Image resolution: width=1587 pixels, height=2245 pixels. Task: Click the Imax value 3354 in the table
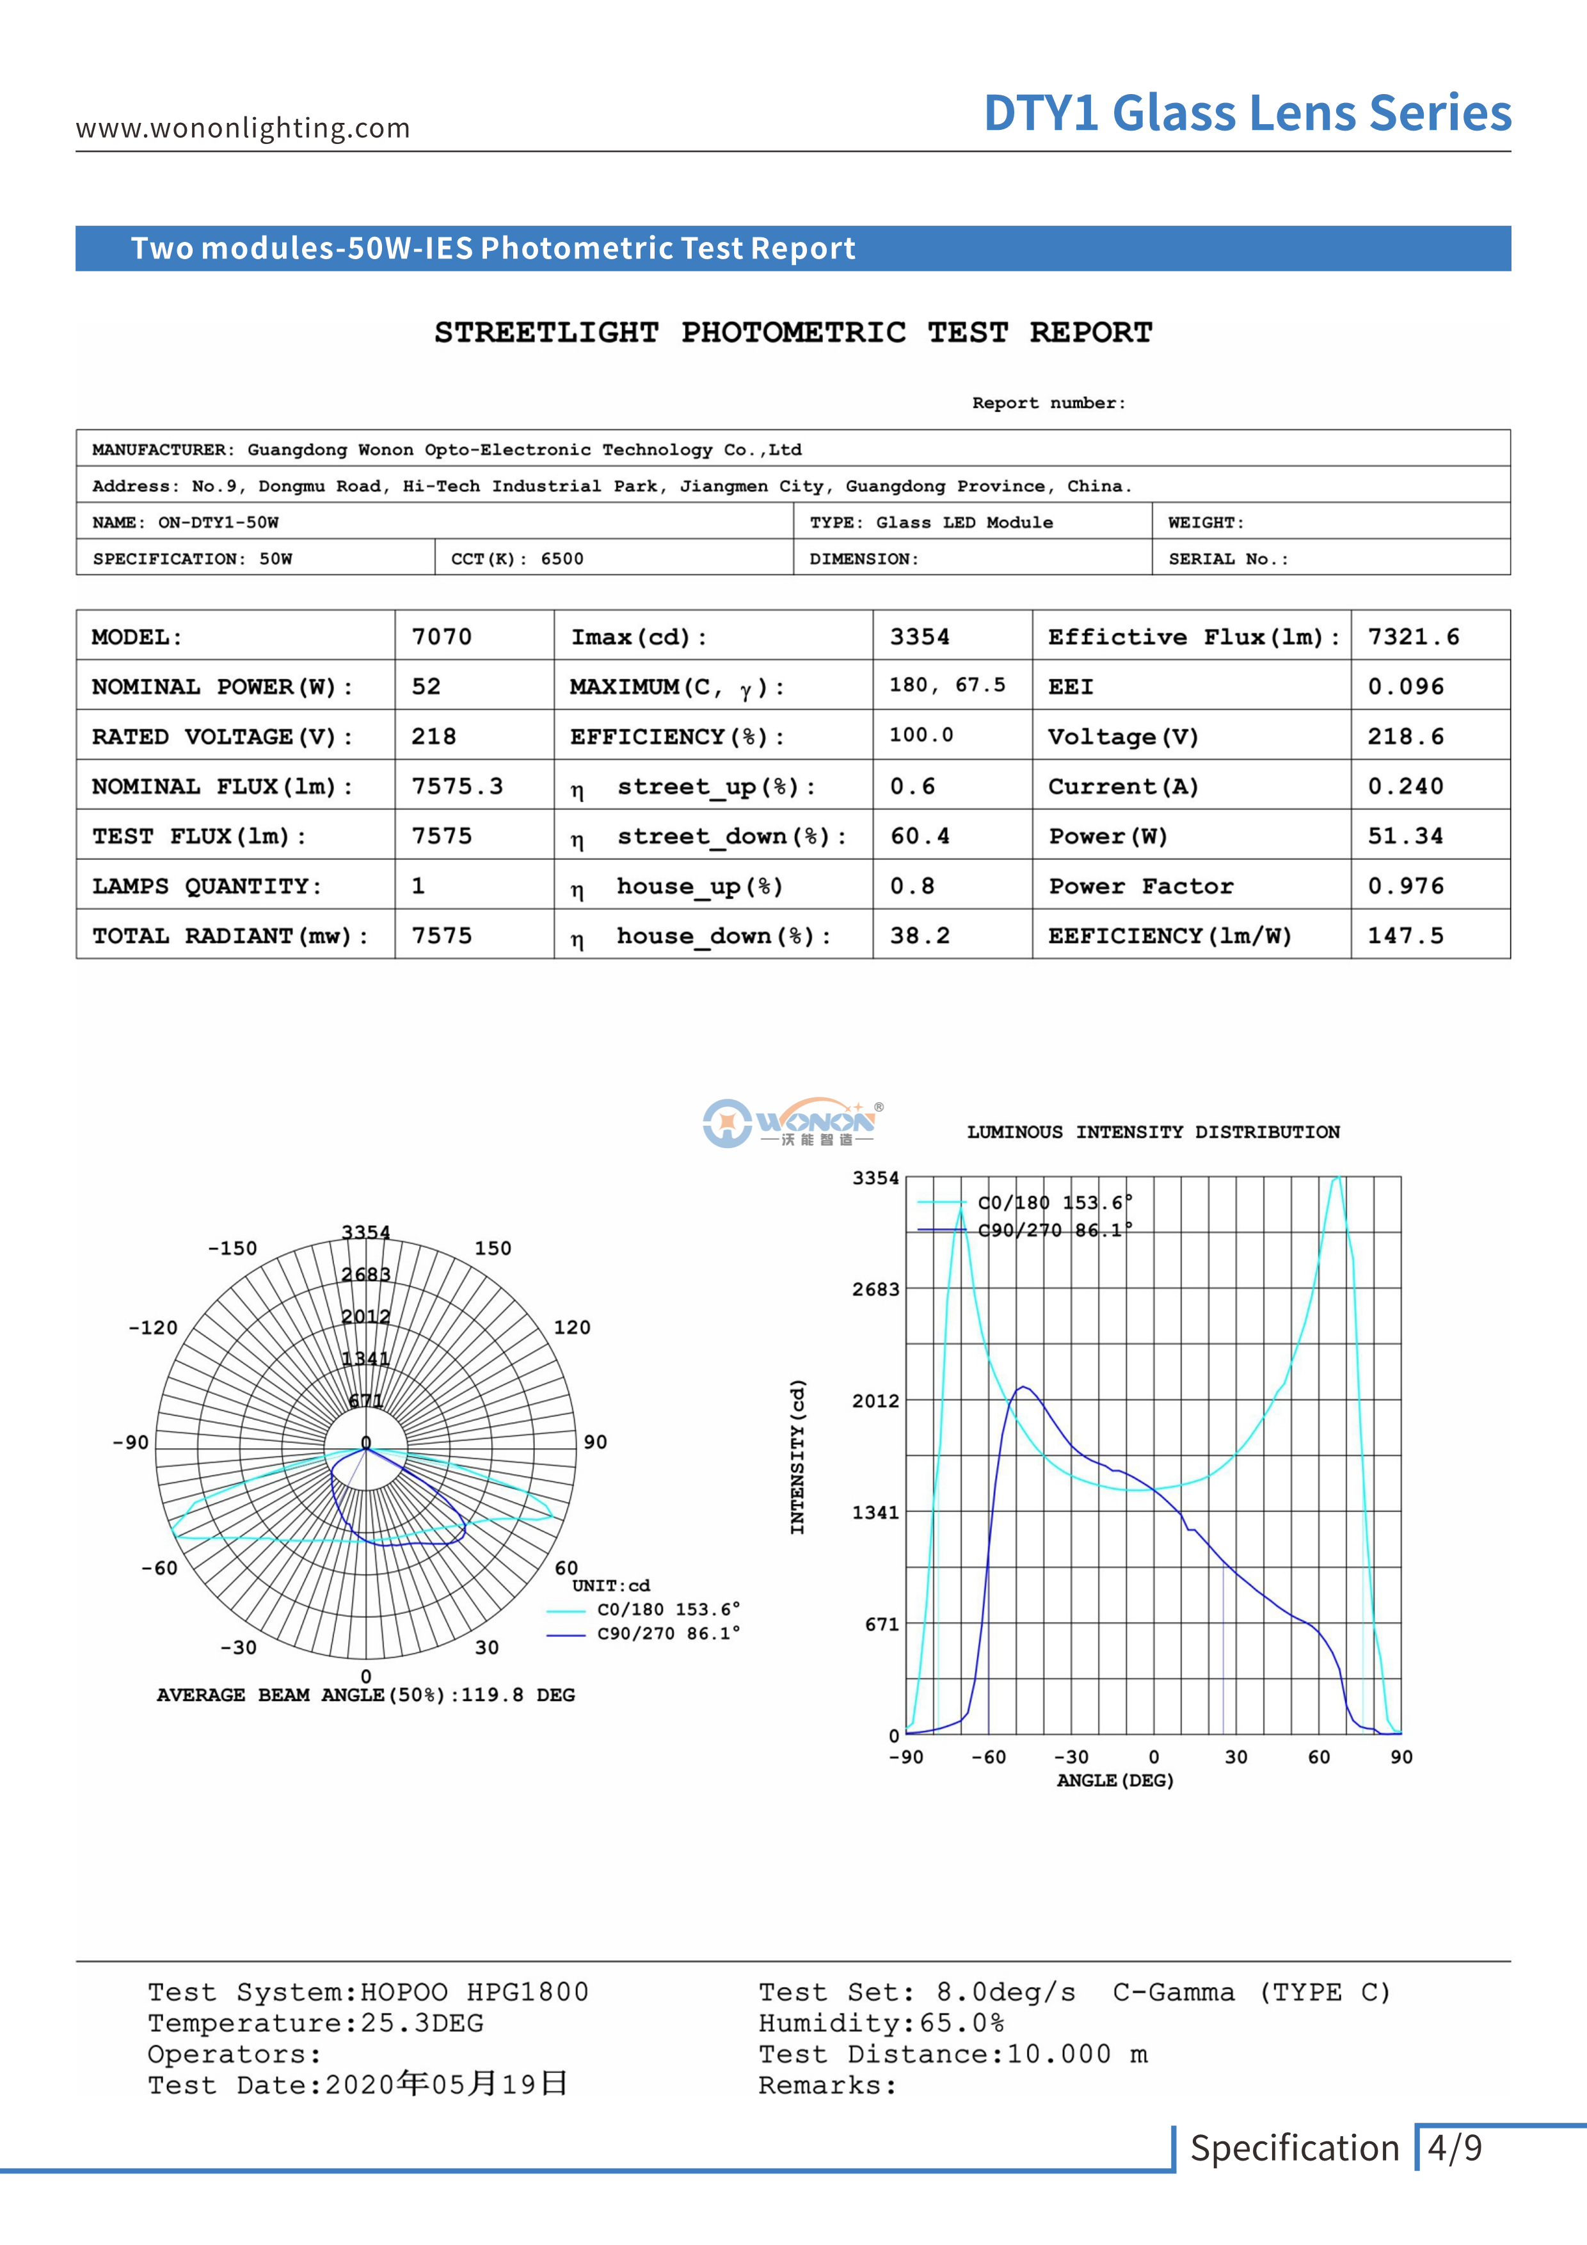pyautogui.click(x=919, y=637)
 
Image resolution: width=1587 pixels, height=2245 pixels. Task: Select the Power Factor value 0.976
pyautogui.click(x=1405, y=886)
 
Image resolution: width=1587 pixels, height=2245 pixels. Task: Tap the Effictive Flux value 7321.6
pyautogui.click(x=1413, y=637)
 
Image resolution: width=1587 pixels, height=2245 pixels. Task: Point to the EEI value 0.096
pyautogui.click(x=1405, y=687)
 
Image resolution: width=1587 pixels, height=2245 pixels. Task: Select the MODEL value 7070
pyautogui.click(x=441, y=637)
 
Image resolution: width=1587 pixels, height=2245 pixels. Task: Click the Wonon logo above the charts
pyautogui.click(x=793, y=1122)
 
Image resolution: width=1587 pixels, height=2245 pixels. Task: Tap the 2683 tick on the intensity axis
pyautogui.click(x=875, y=1289)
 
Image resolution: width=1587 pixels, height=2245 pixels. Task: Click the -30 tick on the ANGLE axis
pyautogui.click(x=1071, y=1757)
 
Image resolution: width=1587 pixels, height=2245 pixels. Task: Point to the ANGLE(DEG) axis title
pyautogui.click(x=1115, y=1780)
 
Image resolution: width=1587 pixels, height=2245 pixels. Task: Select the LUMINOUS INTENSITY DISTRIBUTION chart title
pyautogui.click(x=1153, y=1132)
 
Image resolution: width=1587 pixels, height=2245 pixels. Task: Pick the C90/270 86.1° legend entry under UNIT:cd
pyautogui.click(x=668, y=1633)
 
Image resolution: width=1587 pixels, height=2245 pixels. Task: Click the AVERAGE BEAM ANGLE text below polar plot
pyautogui.click(x=365, y=1695)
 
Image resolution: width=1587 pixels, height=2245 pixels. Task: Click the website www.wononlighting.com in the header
pyautogui.click(x=243, y=128)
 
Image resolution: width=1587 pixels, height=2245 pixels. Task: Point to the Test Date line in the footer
pyautogui.click(x=358, y=2084)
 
